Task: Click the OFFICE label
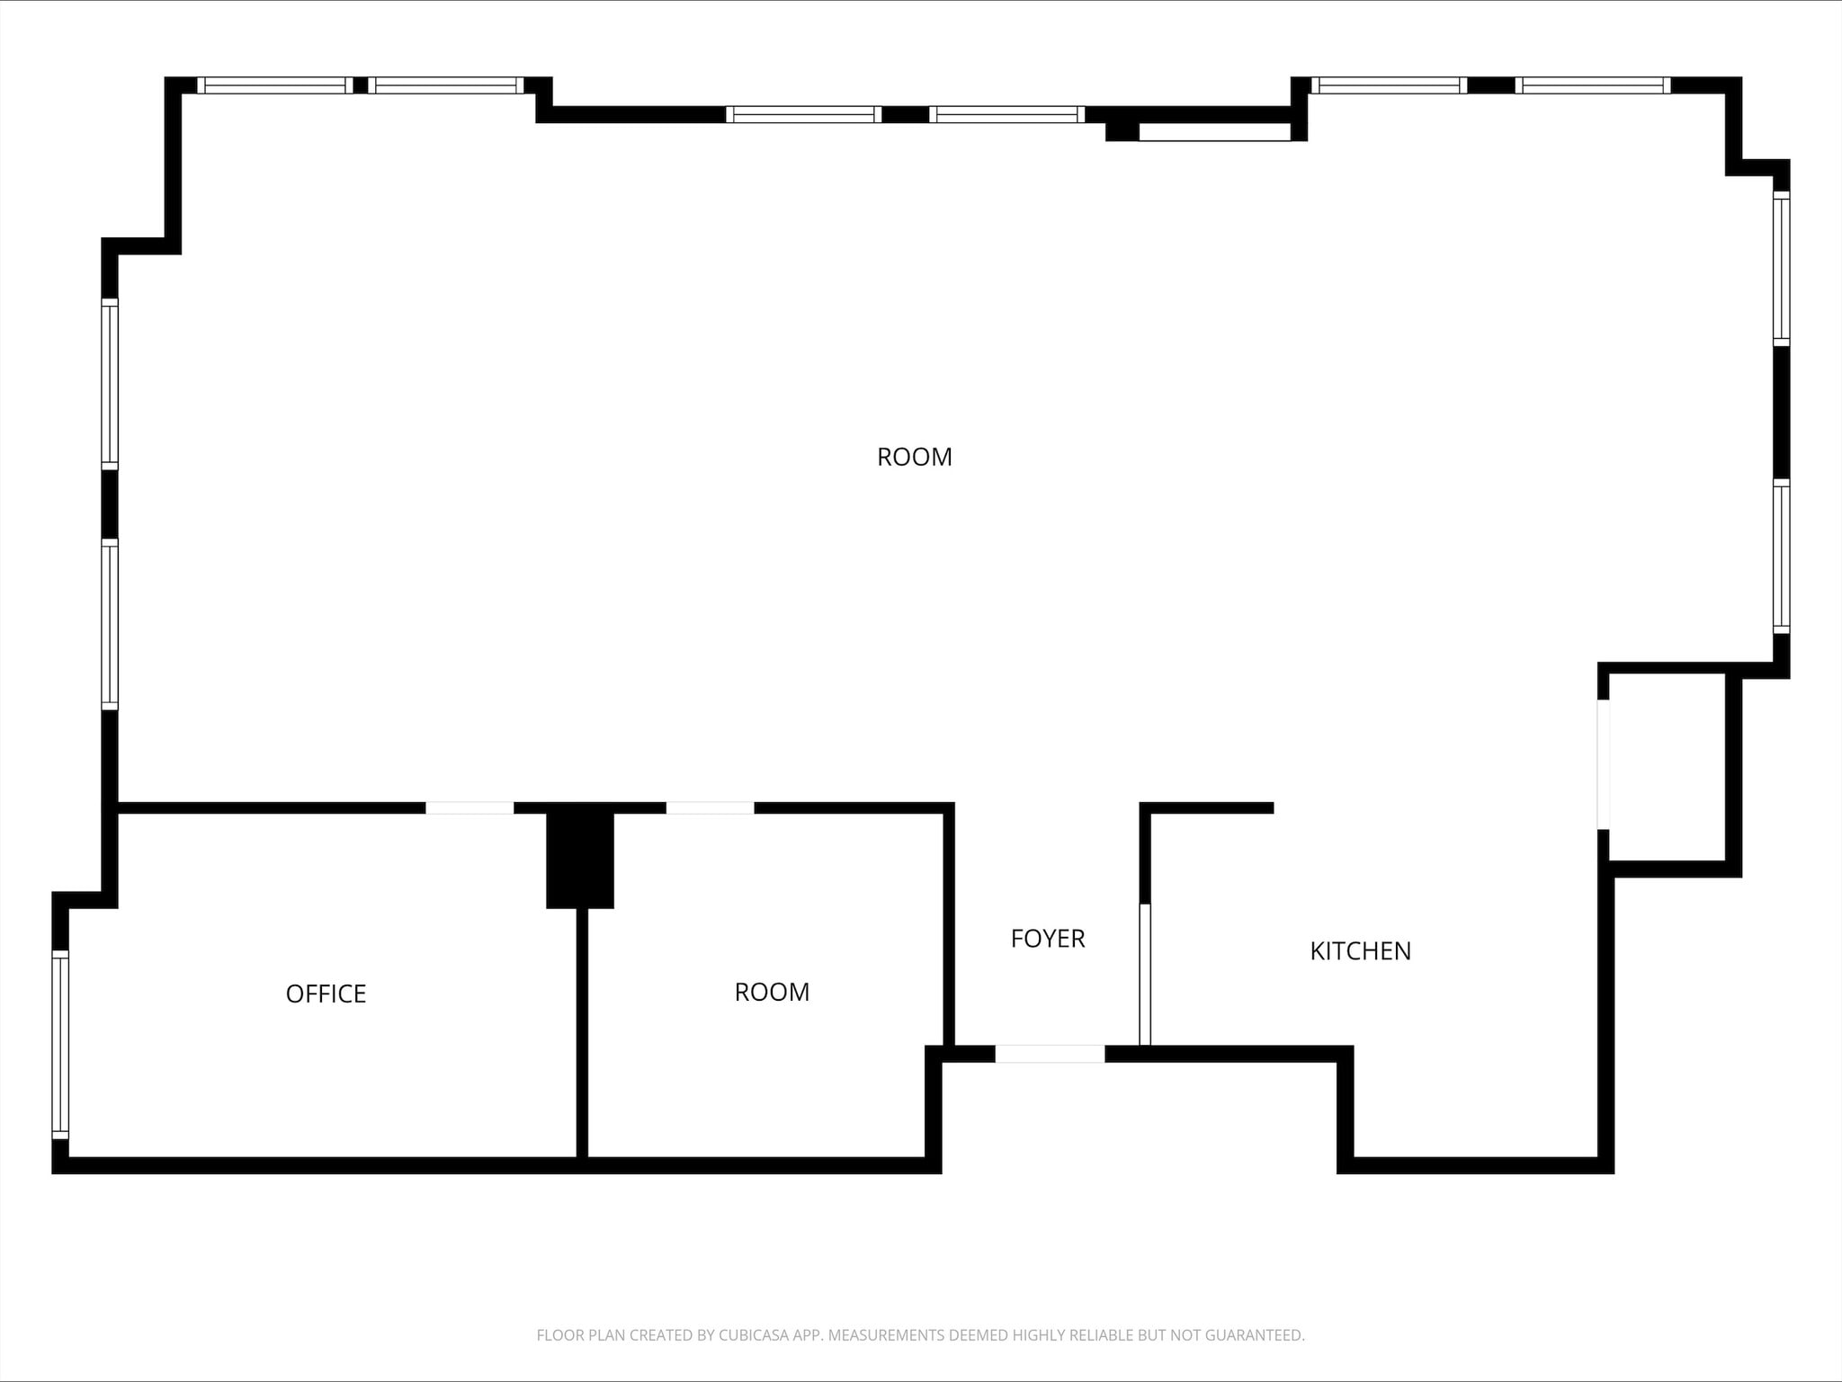[326, 994]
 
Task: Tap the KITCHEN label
[1360, 951]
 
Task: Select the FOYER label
[1048, 939]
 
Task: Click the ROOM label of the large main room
[914, 457]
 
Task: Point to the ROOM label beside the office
[772, 992]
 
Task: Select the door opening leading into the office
[469, 807]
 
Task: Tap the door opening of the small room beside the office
[710, 807]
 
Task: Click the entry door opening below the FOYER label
[1050, 1054]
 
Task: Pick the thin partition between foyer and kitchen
[1145, 975]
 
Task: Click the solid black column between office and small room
[580, 859]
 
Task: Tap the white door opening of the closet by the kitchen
[1603, 764]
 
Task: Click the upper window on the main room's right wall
[1781, 268]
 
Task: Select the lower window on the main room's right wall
[1781, 557]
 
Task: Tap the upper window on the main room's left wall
[110, 382]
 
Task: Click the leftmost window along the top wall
[275, 85]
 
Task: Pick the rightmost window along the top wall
[1593, 85]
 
